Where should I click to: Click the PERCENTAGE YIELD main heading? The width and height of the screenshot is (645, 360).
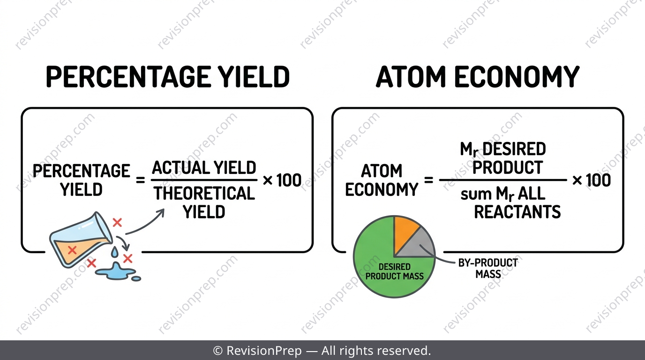(x=168, y=76)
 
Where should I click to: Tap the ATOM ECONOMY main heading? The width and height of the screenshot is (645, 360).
(x=477, y=76)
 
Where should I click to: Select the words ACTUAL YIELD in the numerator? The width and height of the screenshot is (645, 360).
(x=204, y=168)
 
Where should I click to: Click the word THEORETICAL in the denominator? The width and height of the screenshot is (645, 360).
(x=204, y=193)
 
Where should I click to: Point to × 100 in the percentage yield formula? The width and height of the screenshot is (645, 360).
(x=282, y=180)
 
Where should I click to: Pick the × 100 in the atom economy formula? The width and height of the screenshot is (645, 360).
(x=592, y=180)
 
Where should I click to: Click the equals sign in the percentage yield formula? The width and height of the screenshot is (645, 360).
(x=140, y=180)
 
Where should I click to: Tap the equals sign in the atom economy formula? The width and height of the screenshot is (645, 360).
(x=428, y=180)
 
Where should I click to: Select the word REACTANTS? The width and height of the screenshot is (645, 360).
(x=517, y=212)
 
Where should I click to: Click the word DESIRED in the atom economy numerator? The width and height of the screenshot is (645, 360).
(x=514, y=149)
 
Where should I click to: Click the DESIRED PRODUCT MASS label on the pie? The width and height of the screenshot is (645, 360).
(x=395, y=271)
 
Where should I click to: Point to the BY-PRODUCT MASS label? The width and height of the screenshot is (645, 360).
(x=488, y=268)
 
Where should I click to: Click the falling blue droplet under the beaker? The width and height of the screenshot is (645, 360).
(x=114, y=251)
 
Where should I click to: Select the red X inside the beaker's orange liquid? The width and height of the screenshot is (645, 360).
(x=72, y=250)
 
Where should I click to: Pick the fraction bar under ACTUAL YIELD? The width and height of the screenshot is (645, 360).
(x=204, y=180)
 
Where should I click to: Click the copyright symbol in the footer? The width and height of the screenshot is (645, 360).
(x=217, y=351)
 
